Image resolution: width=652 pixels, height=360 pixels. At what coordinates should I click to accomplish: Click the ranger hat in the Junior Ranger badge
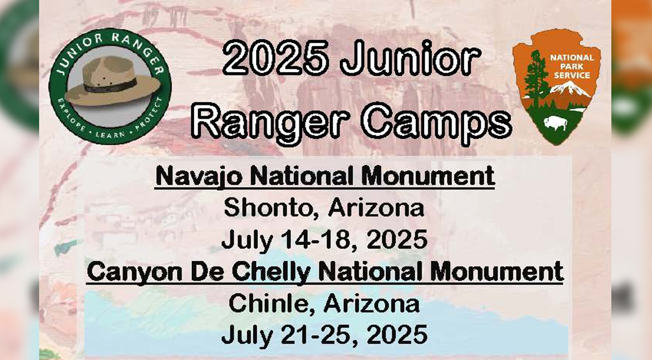(x=112, y=80)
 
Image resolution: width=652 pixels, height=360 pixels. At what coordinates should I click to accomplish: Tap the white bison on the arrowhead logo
(x=555, y=123)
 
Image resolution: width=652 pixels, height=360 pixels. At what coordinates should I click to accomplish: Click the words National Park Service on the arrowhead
(x=572, y=66)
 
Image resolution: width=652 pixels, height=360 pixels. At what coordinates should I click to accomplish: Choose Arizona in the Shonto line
(x=375, y=207)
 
